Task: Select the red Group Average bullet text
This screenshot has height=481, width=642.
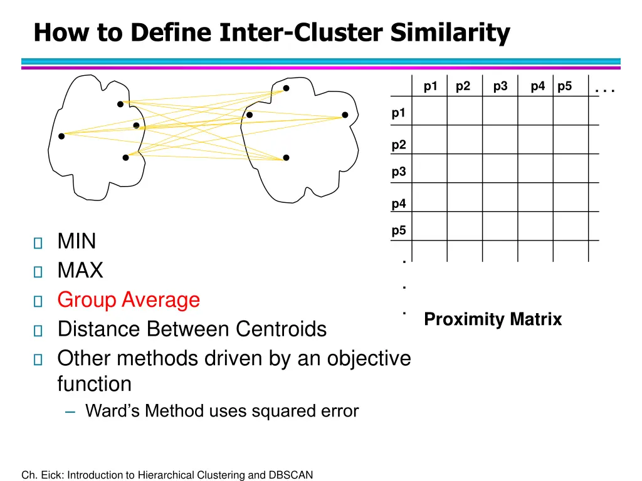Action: click(129, 300)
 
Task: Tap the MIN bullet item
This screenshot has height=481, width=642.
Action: click(76, 241)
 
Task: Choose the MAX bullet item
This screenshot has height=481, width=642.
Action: click(80, 271)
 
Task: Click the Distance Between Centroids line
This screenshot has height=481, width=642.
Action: click(192, 329)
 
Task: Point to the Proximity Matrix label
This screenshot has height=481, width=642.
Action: click(493, 319)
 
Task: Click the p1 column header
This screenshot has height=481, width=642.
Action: click(430, 87)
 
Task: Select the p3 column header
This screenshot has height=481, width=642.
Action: click(500, 87)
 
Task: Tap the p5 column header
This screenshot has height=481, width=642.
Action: click(564, 87)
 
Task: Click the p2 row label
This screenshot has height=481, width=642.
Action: click(399, 145)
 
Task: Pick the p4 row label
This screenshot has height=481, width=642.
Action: click(399, 204)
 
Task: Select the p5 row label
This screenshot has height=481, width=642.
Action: click(399, 230)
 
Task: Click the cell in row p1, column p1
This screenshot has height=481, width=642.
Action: click(429, 111)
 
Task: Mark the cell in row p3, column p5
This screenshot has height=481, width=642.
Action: click(571, 168)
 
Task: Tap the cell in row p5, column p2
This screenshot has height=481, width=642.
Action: click(465, 227)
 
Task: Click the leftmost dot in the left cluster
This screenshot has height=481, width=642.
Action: click(61, 136)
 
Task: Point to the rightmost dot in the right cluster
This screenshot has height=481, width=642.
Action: click(345, 115)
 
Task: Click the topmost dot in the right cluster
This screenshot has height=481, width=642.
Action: click(286, 88)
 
